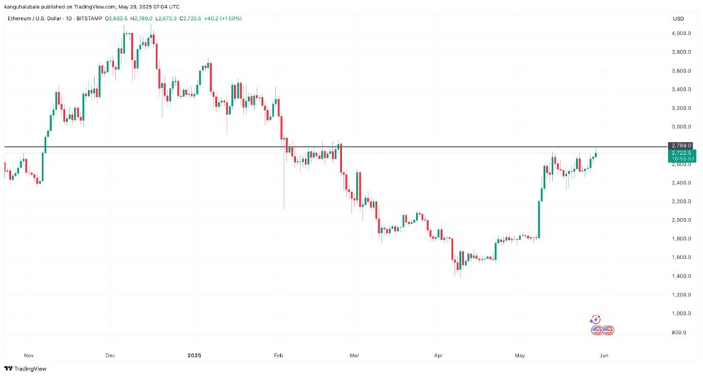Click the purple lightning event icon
coord(595,320)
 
